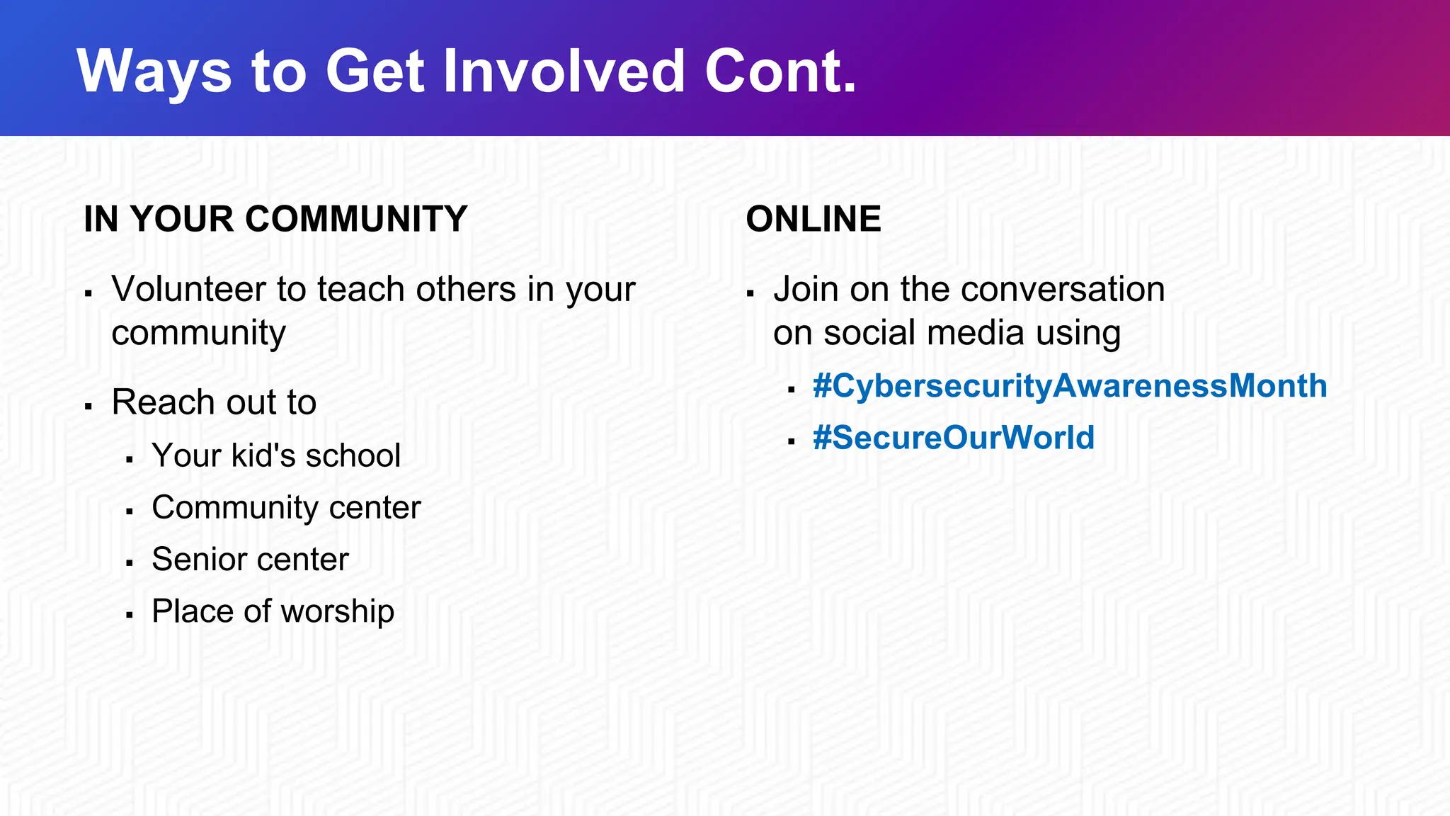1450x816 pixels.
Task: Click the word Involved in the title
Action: [x=564, y=71]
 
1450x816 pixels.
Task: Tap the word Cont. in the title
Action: [x=780, y=71]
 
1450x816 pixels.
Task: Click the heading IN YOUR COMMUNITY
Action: [x=275, y=219]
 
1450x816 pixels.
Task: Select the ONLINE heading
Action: [x=814, y=219]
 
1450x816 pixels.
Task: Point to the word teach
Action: [x=360, y=290]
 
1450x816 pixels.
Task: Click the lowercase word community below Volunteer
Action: [x=198, y=333]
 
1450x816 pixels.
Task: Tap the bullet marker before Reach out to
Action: [x=89, y=406]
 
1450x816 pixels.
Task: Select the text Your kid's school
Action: [x=276, y=455]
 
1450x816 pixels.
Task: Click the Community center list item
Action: [x=286, y=507]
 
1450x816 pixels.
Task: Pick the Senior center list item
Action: [x=250, y=560]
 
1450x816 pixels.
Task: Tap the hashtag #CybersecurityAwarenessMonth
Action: [x=1069, y=386]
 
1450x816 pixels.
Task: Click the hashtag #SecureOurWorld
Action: [x=953, y=438]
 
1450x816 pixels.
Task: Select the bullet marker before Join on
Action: [x=750, y=293]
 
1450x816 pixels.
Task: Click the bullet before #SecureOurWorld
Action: [x=791, y=441]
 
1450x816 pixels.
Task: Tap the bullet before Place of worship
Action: [x=130, y=615]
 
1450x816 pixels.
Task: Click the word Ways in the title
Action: [x=154, y=71]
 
